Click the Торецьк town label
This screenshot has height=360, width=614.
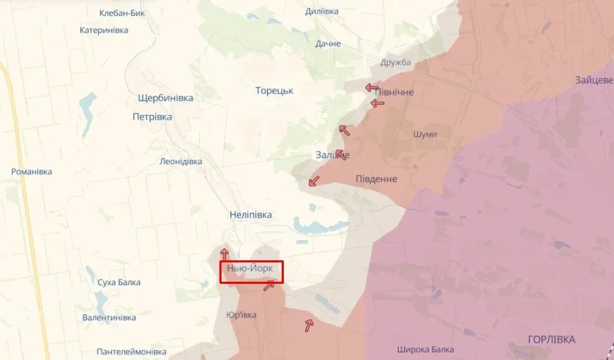pyautogui.click(x=274, y=91)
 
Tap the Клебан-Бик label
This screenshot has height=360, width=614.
pyautogui.click(x=123, y=13)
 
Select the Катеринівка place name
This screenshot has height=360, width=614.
pyautogui.click(x=104, y=30)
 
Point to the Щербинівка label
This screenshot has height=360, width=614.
pyautogui.click(x=165, y=98)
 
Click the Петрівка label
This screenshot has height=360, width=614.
pyautogui.click(x=152, y=117)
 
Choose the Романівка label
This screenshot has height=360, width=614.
pyautogui.click(x=32, y=172)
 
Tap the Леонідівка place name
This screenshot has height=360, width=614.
pyautogui.click(x=181, y=161)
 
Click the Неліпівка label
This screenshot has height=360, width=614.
pyautogui.click(x=251, y=215)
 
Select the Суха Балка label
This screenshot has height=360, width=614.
pyautogui.click(x=119, y=282)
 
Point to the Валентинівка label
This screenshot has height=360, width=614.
pyautogui.click(x=109, y=318)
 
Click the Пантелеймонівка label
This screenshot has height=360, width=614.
pyautogui.click(x=132, y=351)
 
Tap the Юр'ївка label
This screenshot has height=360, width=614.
pyautogui.click(x=241, y=315)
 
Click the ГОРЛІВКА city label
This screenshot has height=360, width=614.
pyautogui.click(x=551, y=339)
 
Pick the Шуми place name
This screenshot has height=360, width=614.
pyautogui.click(x=424, y=134)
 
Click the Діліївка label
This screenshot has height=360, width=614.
pyautogui.click(x=322, y=11)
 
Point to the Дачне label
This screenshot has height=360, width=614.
pyautogui.click(x=328, y=44)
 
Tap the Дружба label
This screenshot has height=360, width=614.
pyautogui.click(x=395, y=63)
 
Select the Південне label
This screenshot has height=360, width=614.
pyautogui.click(x=376, y=179)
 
